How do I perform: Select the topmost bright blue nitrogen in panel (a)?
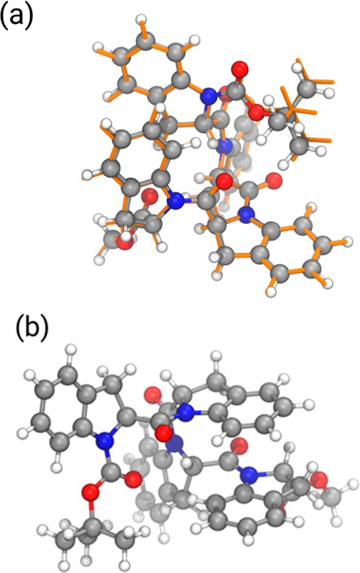coord(209,96)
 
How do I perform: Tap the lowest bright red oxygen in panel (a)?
coord(125,242)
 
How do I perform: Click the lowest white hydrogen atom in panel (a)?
coord(271,292)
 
